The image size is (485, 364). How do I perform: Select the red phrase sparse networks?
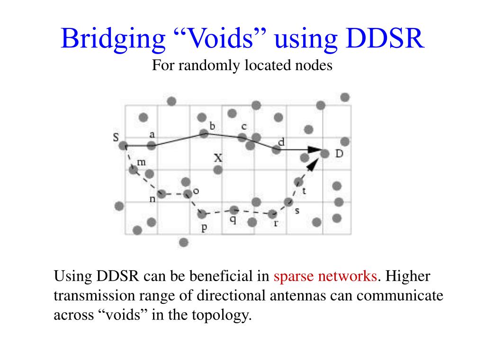tap(325, 276)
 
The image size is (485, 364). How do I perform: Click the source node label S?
tap(116, 137)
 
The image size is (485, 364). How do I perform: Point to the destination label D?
tap(339, 154)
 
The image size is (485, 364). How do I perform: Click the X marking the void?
tap(218, 158)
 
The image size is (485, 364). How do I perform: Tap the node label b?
tap(212, 126)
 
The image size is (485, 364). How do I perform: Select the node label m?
tap(141, 162)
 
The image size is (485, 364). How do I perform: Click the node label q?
tap(233, 220)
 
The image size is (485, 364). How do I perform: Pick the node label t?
tap(304, 191)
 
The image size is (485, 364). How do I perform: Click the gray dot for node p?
tap(202, 214)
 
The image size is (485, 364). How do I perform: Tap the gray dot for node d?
tap(277, 149)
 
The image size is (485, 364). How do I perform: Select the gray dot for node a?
tap(151, 146)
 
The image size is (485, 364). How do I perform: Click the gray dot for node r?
tap(272, 214)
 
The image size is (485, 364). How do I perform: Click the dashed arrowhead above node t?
tap(312, 164)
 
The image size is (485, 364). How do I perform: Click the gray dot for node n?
tap(162, 193)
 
